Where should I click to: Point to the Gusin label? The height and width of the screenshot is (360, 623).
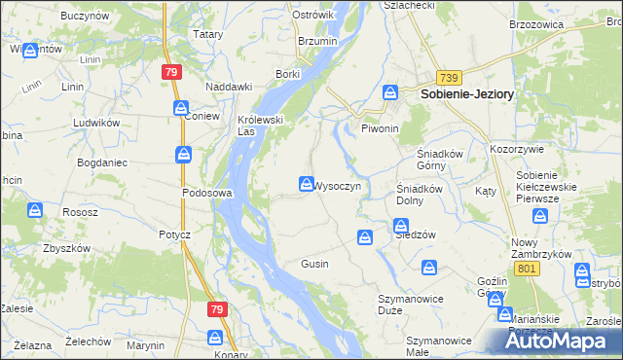pos(314,264)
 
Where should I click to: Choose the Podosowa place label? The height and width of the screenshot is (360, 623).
pos(206,193)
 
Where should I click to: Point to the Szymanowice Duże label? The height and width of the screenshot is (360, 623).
pos(404,304)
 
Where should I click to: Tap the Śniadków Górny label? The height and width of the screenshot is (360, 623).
pos(431,159)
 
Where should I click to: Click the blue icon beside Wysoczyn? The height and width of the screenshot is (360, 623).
pos(306,184)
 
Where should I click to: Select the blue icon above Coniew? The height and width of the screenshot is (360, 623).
pos(182,108)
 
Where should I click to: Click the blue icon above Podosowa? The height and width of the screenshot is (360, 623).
pos(184,154)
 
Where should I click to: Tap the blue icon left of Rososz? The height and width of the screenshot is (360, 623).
pos(35,210)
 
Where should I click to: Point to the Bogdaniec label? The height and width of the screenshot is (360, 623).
pos(102,162)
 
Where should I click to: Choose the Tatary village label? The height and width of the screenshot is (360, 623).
pos(208,34)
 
